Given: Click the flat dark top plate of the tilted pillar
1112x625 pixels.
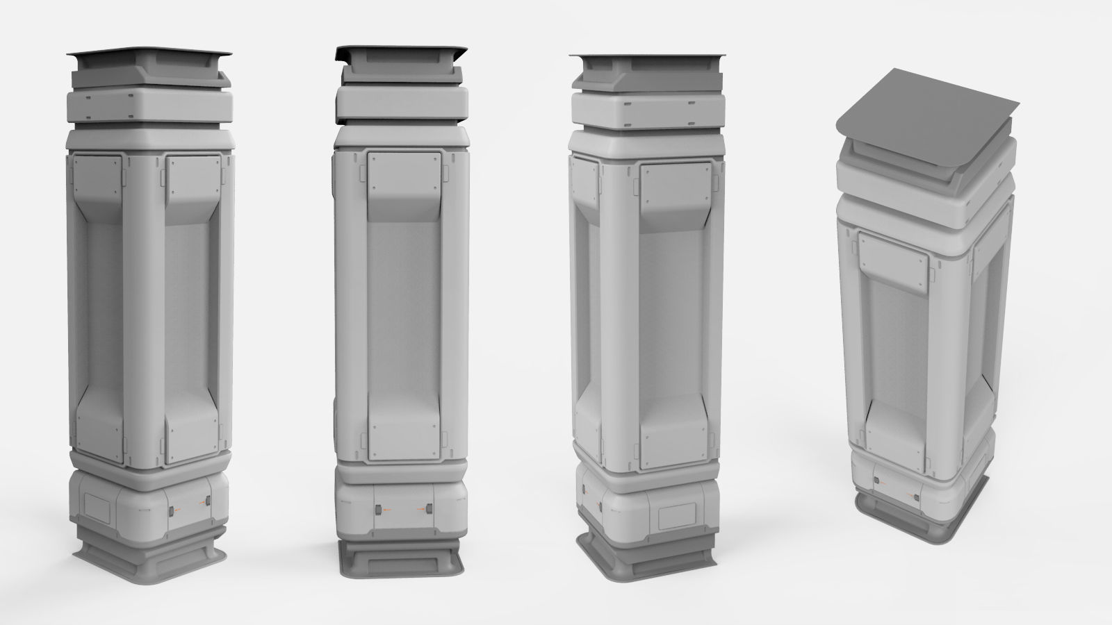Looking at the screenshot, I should coord(924,104).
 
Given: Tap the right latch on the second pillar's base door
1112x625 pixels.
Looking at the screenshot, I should coord(429,510).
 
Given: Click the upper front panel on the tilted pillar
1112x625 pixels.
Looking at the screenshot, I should coord(894,260).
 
